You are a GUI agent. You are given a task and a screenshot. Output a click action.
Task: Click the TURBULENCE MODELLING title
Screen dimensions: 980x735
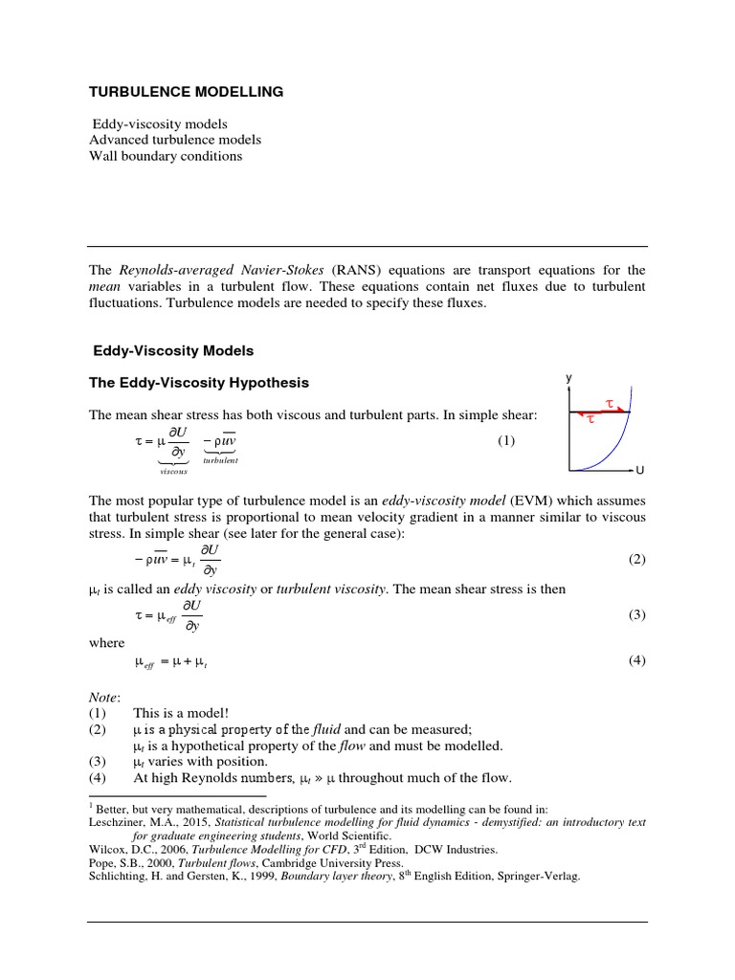click(186, 92)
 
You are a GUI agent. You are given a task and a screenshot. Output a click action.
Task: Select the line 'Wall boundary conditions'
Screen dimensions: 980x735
click(166, 156)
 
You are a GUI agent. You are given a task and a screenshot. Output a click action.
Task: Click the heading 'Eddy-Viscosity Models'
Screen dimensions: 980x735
click(172, 351)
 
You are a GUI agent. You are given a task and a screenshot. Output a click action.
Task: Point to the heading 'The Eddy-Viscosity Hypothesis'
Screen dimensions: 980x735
click(199, 383)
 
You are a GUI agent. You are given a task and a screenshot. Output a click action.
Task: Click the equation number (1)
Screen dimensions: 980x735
click(506, 441)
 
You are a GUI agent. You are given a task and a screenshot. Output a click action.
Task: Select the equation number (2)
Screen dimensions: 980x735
click(637, 560)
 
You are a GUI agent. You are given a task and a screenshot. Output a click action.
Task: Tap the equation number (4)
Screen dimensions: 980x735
click(637, 661)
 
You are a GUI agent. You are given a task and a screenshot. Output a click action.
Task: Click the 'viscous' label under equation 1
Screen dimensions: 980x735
click(173, 471)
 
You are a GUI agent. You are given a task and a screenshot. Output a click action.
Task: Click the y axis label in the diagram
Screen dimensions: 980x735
click(568, 379)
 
